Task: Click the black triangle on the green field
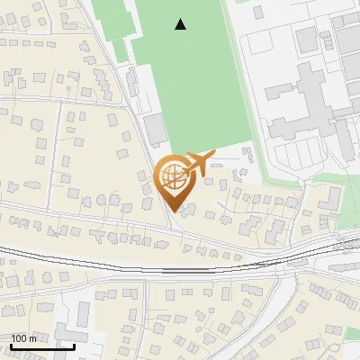[181, 24]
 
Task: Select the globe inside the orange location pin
[171, 175]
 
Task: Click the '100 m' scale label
[24, 337]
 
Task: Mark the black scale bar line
[41, 346]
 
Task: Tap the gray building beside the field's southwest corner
[156, 131]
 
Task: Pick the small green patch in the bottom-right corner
[353, 335]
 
